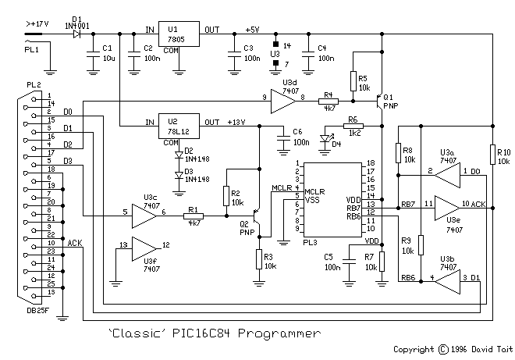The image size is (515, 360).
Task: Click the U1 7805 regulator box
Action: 179,34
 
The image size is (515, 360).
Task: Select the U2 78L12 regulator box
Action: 179,126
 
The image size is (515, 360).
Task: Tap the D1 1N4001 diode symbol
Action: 76,34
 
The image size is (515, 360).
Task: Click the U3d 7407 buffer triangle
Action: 283,102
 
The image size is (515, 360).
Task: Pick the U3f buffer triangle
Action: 144,249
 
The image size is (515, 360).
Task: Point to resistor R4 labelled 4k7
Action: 329,102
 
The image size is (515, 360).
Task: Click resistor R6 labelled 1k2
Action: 353,126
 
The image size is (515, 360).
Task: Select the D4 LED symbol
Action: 325,139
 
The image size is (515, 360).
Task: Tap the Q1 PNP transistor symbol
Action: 380,102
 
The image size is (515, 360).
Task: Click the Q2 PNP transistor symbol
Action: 257,216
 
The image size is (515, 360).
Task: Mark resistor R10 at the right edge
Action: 492,155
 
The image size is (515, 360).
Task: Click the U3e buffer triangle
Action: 447,208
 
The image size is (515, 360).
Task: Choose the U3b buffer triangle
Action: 447,281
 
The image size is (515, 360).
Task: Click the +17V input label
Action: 37,24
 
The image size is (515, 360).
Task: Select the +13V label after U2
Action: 236,123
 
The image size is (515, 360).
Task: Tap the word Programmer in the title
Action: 279,333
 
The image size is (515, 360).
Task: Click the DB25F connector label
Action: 37,310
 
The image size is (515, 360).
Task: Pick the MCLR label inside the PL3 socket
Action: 314,191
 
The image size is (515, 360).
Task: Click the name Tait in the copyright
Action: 504,349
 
